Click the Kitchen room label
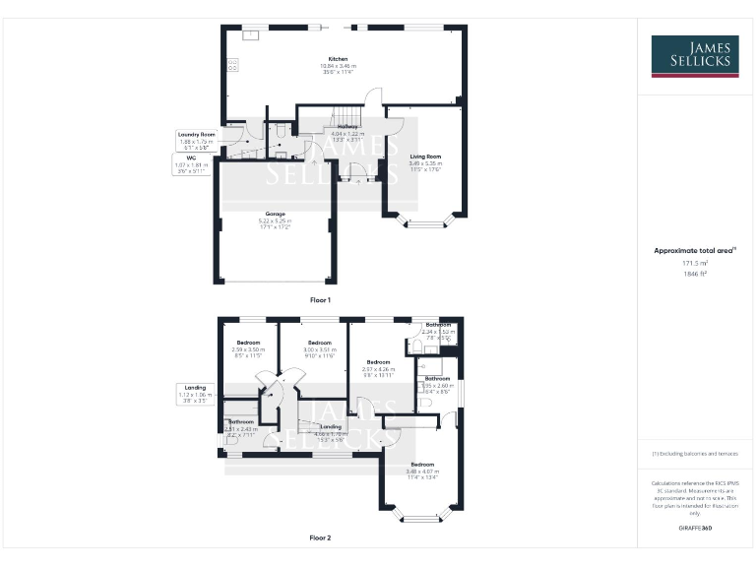pyautogui.click(x=338, y=59)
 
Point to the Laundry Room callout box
pyautogui.click(x=196, y=139)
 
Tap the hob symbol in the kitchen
pyautogui.click(x=233, y=65)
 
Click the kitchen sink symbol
pyautogui.click(x=251, y=35)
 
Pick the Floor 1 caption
pyautogui.click(x=320, y=298)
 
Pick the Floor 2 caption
pyautogui.click(x=320, y=537)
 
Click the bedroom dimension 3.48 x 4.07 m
pyautogui.click(x=422, y=471)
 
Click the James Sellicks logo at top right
pyautogui.click(x=694, y=55)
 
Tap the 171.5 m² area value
pyautogui.click(x=694, y=263)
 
